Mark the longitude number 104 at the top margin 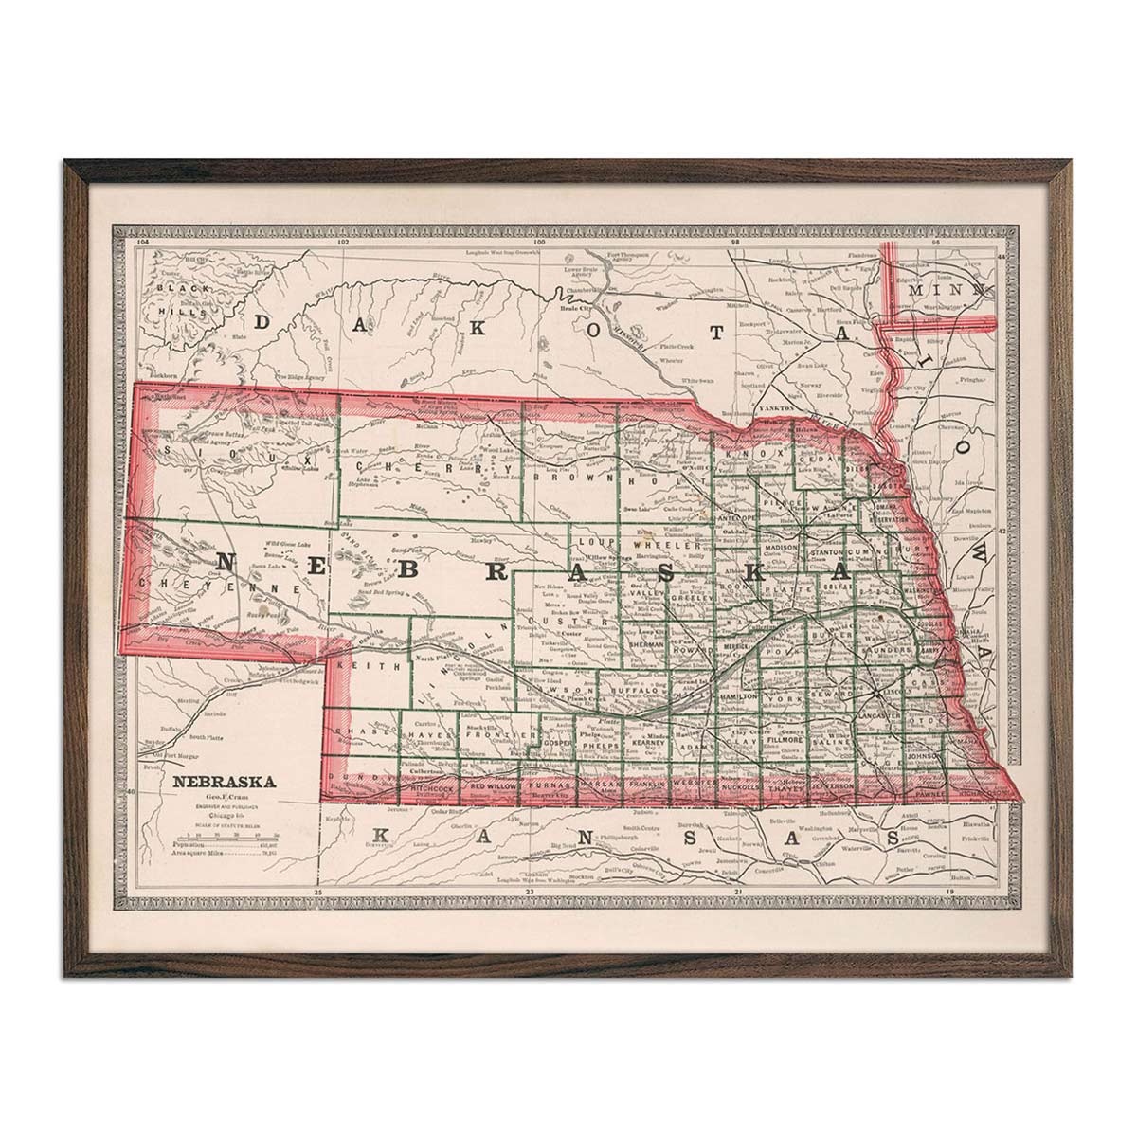click(x=143, y=243)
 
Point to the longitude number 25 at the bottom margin click(x=319, y=893)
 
